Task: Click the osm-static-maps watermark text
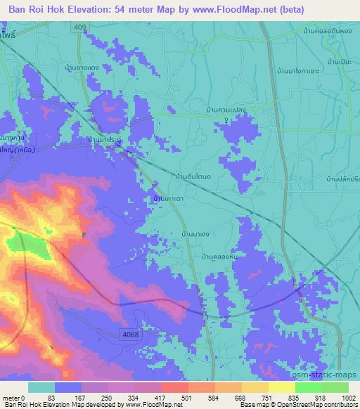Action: coord(329,375)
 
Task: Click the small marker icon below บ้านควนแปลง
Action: coord(226,120)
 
